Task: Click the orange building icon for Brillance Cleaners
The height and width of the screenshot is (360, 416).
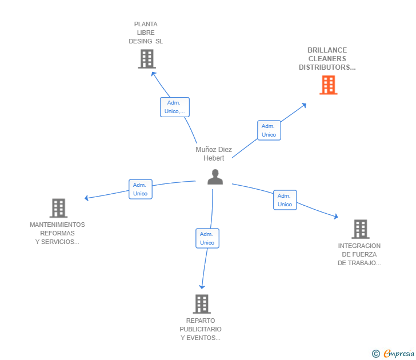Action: pos(328,85)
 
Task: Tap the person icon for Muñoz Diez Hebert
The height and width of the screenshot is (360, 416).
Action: pos(215,177)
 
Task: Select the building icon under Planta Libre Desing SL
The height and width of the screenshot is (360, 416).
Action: pos(147,59)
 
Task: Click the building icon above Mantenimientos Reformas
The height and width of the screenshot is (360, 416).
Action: pos(58,208)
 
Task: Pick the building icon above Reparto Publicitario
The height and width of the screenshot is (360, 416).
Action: pos(201,304)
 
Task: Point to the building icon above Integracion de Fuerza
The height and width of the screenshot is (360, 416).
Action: pos(360,229)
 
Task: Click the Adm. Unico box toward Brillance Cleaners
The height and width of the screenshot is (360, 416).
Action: pos(269,130)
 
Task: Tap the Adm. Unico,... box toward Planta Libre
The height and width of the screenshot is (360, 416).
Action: pos(174,107)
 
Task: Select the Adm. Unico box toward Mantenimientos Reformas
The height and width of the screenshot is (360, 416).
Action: pos(140,189)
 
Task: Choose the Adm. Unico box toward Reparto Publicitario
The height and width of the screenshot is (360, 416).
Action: pos(207,238)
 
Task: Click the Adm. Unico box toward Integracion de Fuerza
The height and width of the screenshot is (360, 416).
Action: pos(285,200)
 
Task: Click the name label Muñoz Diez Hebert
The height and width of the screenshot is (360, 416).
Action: pos(214,154)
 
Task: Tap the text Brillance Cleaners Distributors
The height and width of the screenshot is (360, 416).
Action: pos(327,59)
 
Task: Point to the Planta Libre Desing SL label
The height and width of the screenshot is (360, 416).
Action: pos(146,33)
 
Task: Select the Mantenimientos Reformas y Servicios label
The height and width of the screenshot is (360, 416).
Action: pos(57,233)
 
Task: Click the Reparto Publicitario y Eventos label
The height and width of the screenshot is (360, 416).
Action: pos(201,329)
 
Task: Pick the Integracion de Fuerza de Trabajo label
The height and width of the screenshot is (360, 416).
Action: pos(359,254)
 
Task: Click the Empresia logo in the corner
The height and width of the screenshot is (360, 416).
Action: pos(398,354)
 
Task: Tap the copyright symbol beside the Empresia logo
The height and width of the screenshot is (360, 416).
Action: pos(376,354)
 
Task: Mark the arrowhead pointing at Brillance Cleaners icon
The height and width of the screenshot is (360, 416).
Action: pos(304,105)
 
